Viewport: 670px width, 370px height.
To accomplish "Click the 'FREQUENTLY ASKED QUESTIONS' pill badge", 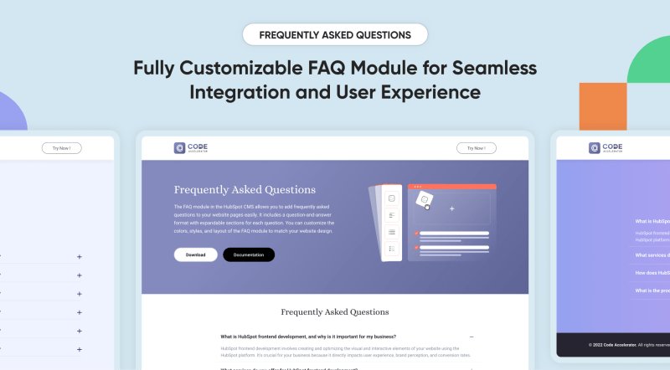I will click(335, 35).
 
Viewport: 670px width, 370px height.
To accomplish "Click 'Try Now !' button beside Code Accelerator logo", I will click(477, 148).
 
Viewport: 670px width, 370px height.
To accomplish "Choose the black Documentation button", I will click(248, 254).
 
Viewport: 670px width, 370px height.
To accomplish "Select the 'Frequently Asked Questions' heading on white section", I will click(334, 311).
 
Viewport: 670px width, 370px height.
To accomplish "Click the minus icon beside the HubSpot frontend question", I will click(472, 337).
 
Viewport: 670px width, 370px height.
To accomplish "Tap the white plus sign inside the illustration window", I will click(451, 208).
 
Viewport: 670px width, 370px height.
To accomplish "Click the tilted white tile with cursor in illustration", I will click(425, 200).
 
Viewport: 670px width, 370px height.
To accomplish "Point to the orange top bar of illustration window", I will click(451, 187).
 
